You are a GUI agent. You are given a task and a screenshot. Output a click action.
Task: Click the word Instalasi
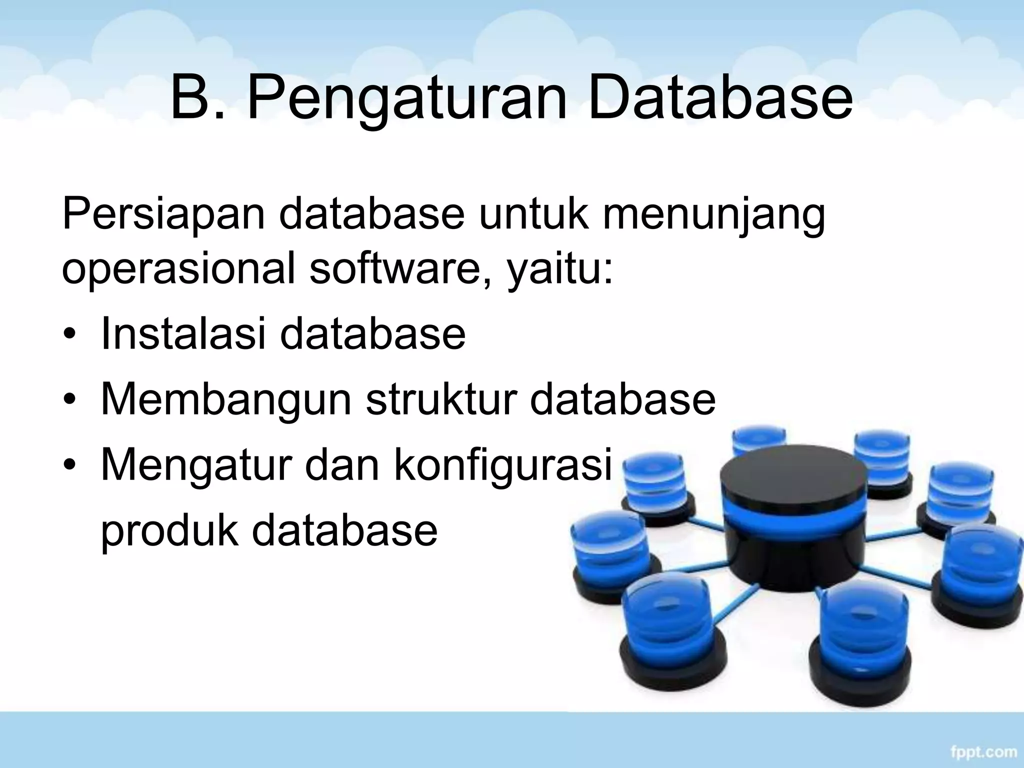[x=183, y=333]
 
